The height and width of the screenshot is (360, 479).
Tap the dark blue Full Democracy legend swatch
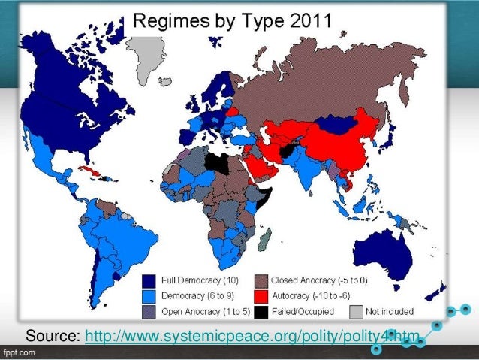coord(149,279)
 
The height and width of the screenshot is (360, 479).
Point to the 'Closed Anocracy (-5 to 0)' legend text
coord(311,279)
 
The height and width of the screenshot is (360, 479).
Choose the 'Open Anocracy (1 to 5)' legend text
coord(199,310)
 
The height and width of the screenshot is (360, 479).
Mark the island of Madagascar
coord(264,239)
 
